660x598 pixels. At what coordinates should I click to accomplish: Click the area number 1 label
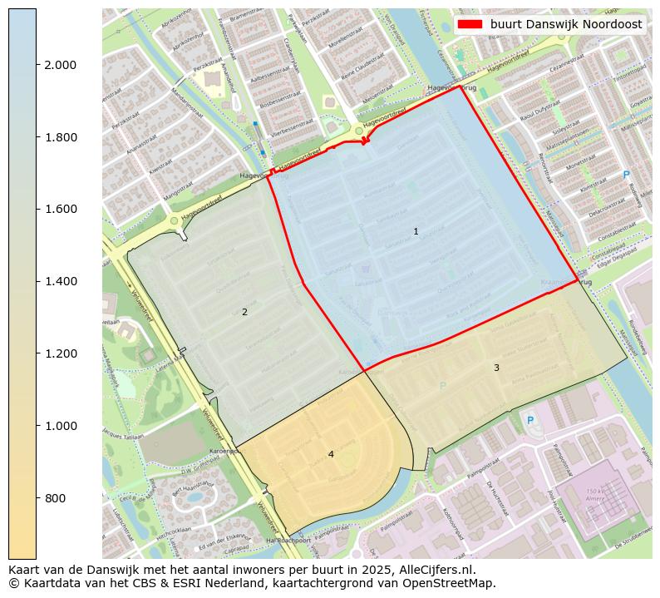(416, 231)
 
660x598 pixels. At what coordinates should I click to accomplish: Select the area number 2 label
(244, 313)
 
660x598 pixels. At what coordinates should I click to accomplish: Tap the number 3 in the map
(496, 368)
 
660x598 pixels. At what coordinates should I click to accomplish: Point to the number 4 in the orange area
(331, 454)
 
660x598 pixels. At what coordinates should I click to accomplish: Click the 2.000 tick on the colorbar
(60, 65)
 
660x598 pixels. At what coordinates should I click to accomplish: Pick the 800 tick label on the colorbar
(55, 498)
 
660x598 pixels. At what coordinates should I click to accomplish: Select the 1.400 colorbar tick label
(60, 281)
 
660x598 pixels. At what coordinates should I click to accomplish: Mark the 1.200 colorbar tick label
(60, 353)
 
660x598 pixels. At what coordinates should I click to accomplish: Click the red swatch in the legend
(470, 25)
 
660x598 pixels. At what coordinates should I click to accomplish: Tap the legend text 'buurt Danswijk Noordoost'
(565, 25)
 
